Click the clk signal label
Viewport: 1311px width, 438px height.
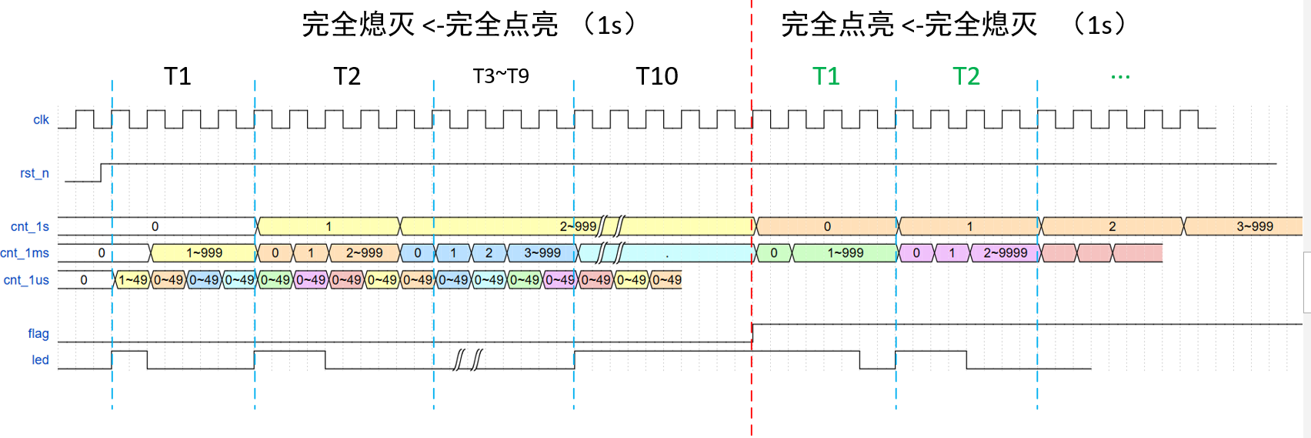(41, 119)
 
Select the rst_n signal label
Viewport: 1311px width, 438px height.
(35, 173)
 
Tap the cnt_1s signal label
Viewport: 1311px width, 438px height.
(30, 226)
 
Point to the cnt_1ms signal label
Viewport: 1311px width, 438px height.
(25, 252)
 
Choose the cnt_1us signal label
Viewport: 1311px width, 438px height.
(26, 279)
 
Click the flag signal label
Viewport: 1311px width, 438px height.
(38, 333)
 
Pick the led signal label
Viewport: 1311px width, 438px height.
(40, 359)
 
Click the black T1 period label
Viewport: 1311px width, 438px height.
(178, 76)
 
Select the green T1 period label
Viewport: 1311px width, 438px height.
(826, 76)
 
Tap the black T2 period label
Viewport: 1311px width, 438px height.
(347, 76)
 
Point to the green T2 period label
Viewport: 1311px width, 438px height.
(966, 76)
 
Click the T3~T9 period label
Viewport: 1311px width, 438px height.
(501, 76)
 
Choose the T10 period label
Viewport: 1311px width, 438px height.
(657, 76)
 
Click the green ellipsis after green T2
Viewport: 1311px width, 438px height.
(1120, 76)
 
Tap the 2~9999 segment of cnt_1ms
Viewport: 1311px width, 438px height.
(1005, 252)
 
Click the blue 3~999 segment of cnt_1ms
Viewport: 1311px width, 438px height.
(542, 252)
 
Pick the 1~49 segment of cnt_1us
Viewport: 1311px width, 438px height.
(132, 279)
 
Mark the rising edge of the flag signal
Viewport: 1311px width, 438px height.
(752, 333)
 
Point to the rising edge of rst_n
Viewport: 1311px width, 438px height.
(101, 172)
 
